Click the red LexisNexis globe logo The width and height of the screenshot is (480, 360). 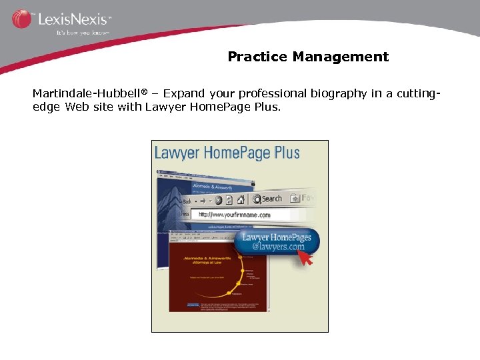click(21, 19)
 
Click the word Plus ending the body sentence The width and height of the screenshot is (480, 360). click(266, 107)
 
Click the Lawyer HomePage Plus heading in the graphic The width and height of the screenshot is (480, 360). click(227, 153)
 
